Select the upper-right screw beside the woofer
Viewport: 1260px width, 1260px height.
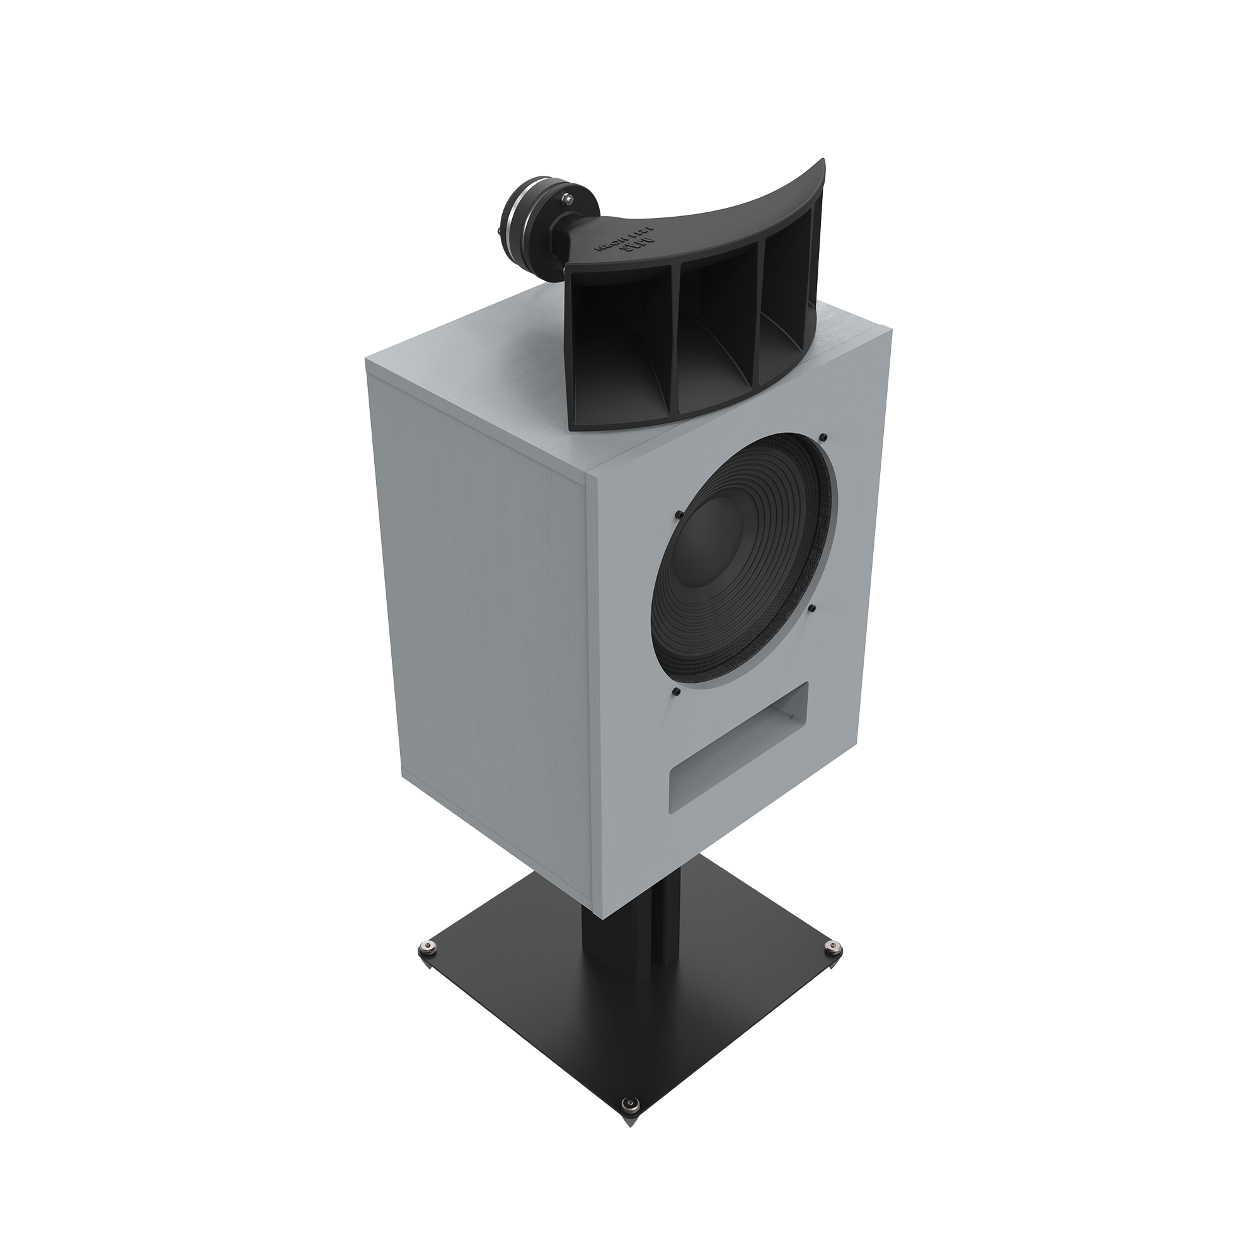point(823,437)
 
